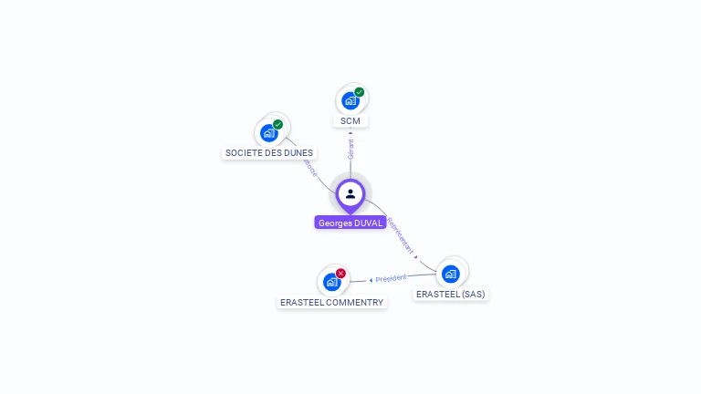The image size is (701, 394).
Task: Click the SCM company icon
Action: click(350, 100)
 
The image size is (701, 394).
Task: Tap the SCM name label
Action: click(350, 121)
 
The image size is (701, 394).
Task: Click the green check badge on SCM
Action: click(360, 92)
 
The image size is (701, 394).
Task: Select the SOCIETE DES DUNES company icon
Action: click(269, 132)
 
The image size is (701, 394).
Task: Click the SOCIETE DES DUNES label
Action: click(268, 153)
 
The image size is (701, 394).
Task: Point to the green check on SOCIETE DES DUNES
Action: click(278, 124)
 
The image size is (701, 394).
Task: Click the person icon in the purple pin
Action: click(350, 193)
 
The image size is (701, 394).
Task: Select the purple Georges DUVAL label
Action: click(350, 223)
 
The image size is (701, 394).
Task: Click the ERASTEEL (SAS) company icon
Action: click(450, 274)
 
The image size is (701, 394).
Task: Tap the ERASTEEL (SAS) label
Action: click(451, 295)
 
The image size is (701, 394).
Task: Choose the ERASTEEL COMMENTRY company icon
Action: click(331, 282)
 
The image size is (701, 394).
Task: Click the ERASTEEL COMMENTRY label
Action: click(331, 302)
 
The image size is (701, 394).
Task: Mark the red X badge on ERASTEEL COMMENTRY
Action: click(341, 273)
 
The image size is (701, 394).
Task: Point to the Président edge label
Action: click(391, 278)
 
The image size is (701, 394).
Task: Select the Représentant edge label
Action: click(401, 235)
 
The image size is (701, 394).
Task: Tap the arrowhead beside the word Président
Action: click(371, 280)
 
